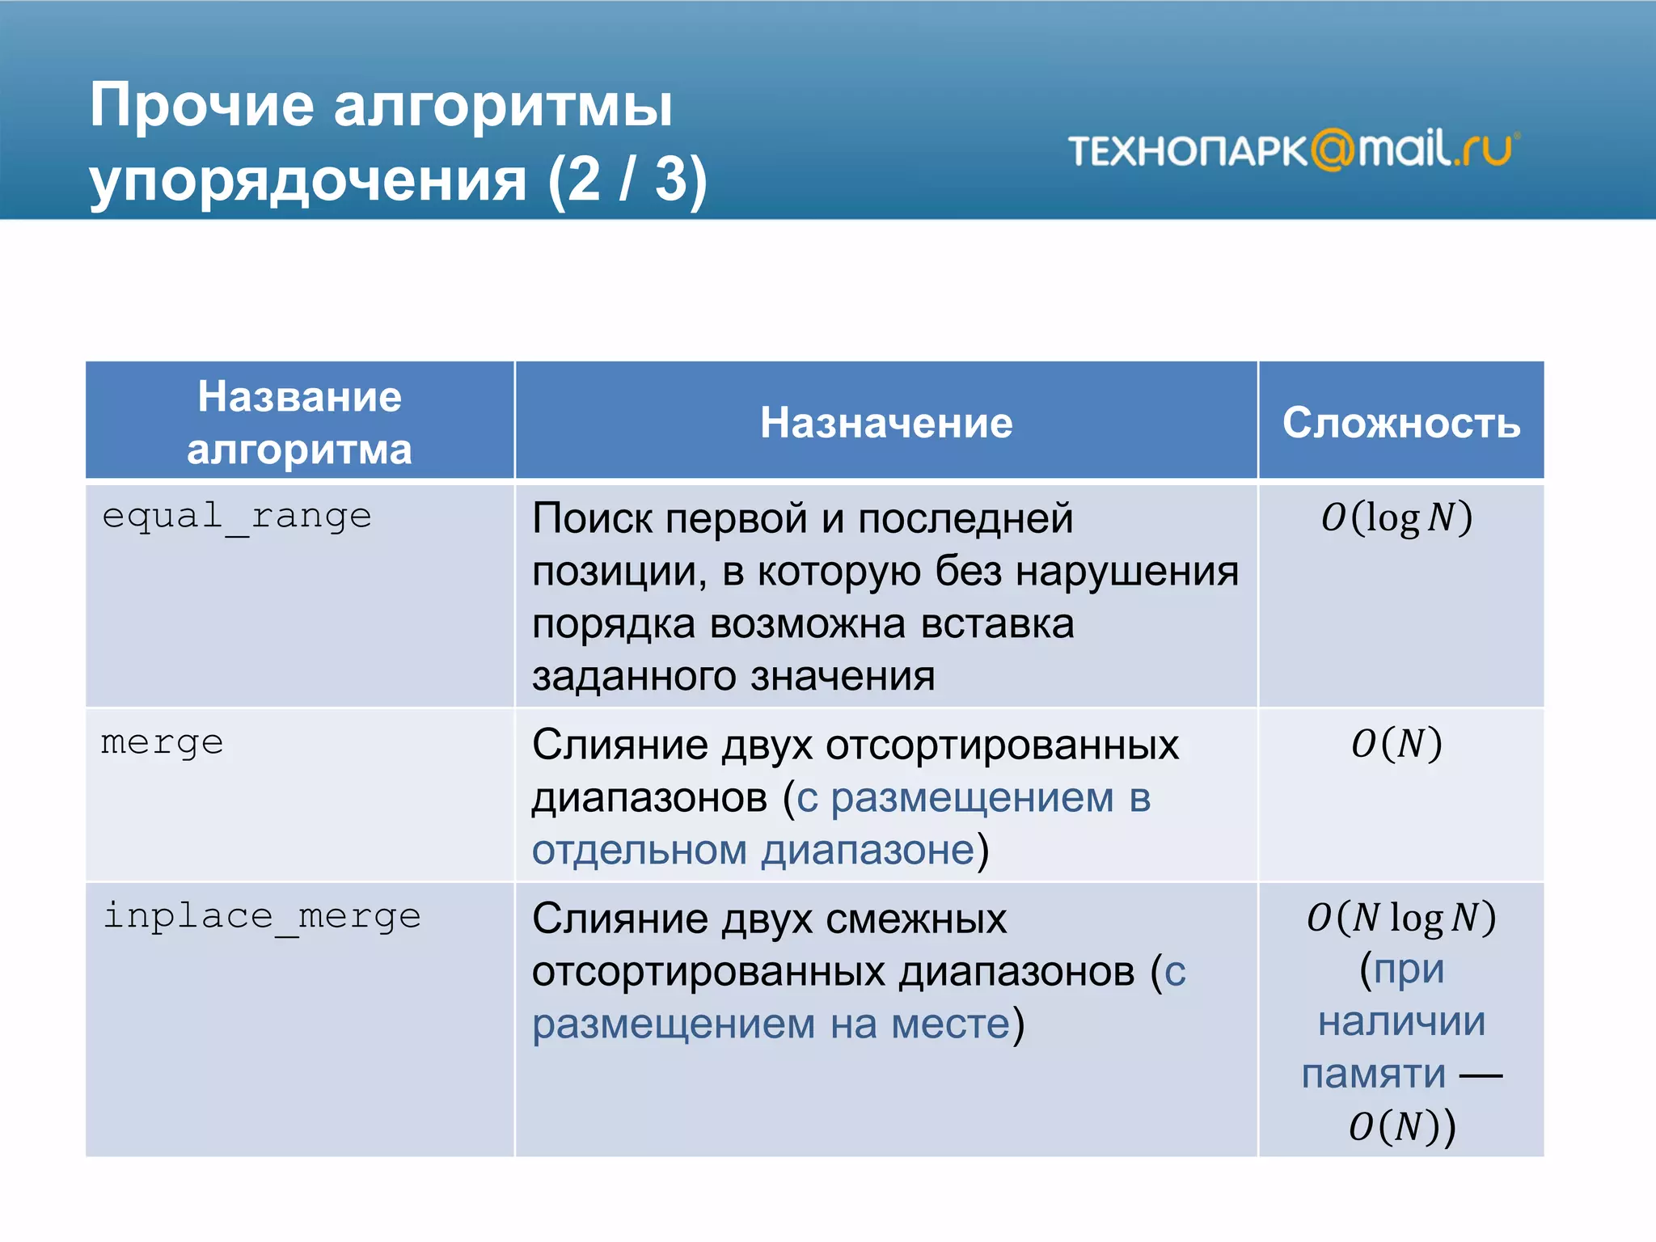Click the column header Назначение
click(886, 423)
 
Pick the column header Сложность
click(1401, 423)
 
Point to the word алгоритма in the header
click(299, 450)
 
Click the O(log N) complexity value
click(1397, 517)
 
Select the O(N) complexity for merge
click(1397, 744)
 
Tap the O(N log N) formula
click(1401, 918)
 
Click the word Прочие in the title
click(202, 105)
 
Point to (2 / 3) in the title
click(627, 180)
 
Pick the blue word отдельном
click(639, 851)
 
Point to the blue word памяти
click(1373, 1075)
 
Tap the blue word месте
click(951, 1024)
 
